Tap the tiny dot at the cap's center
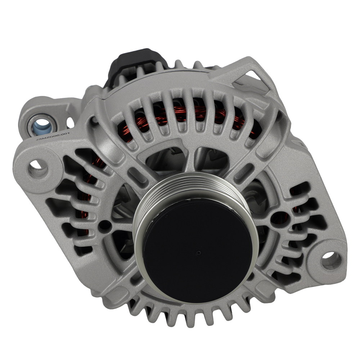[198, 253]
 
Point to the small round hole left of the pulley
[105, 226]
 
